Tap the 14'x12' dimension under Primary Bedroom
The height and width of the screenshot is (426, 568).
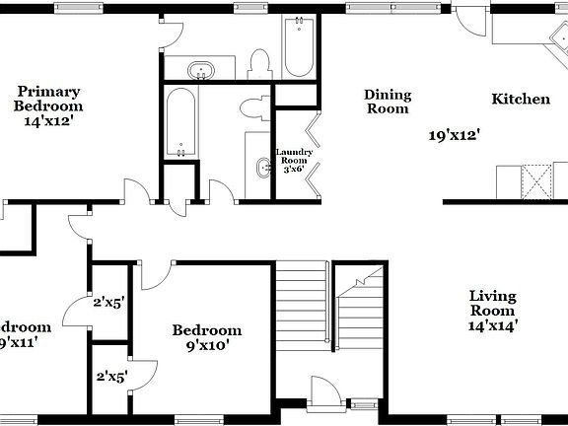(48, 122)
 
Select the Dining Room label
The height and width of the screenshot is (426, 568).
(388, 102)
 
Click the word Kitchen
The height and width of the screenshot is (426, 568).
(521, 99)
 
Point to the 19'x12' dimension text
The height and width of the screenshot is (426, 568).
(453, 135)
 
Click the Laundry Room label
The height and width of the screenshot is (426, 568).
(293, 159)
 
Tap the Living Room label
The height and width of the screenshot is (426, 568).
(493, 303)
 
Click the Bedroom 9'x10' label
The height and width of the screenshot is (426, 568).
(206, 338)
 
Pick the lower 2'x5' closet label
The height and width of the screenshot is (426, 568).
(111, 376)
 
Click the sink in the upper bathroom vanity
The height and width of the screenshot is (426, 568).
(202, 70)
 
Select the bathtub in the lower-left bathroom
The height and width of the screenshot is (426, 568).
(180, 123)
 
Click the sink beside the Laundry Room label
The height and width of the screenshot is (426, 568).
(262, 169)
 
